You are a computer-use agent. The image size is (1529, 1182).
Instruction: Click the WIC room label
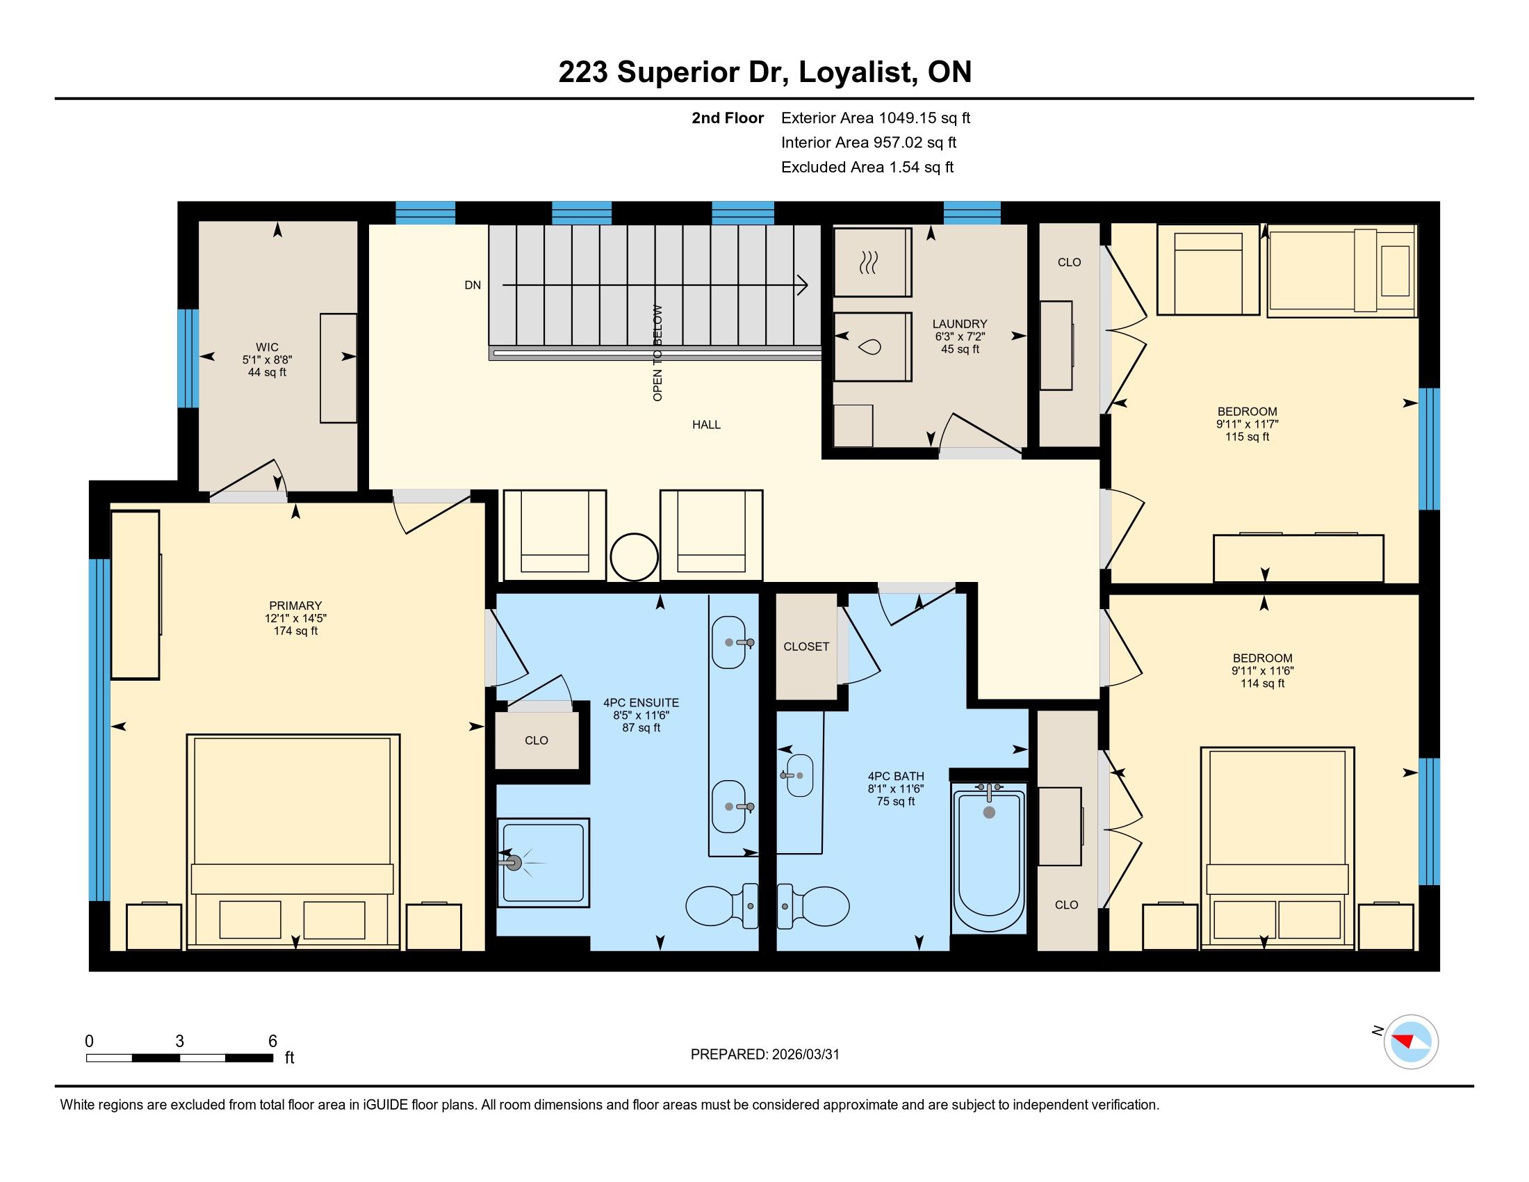(267, 348)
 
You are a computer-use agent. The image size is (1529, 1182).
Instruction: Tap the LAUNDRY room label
(959, 324)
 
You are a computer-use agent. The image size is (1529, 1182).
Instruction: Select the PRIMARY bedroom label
(295, 606)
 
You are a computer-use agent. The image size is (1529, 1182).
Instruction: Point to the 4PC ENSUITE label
(641, 703)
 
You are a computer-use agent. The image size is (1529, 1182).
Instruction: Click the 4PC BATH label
(896, 777)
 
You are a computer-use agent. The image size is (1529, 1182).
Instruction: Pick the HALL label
(706, 425)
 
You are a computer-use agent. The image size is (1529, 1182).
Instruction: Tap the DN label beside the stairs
(473, 285)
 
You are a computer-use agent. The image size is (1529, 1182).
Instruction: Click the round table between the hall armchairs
(635, 558)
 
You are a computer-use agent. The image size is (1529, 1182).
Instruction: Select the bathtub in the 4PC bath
(988, 857)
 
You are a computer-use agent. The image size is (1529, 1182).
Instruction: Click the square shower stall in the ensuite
(543, 862)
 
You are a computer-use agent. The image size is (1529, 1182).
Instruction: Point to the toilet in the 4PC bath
(814, 906)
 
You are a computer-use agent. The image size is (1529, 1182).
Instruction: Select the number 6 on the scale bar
(273, 1042)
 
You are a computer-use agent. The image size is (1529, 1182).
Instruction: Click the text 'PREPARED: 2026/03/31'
(764, 1055)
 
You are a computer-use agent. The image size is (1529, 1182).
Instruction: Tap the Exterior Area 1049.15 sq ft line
(876, 118)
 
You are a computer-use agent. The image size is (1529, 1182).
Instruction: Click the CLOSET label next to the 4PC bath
(806, 647)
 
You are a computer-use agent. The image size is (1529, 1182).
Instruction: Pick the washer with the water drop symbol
(872, 347)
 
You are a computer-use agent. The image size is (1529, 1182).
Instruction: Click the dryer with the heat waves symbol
(872, 262)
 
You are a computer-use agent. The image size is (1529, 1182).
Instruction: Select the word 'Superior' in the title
(678, 73)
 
